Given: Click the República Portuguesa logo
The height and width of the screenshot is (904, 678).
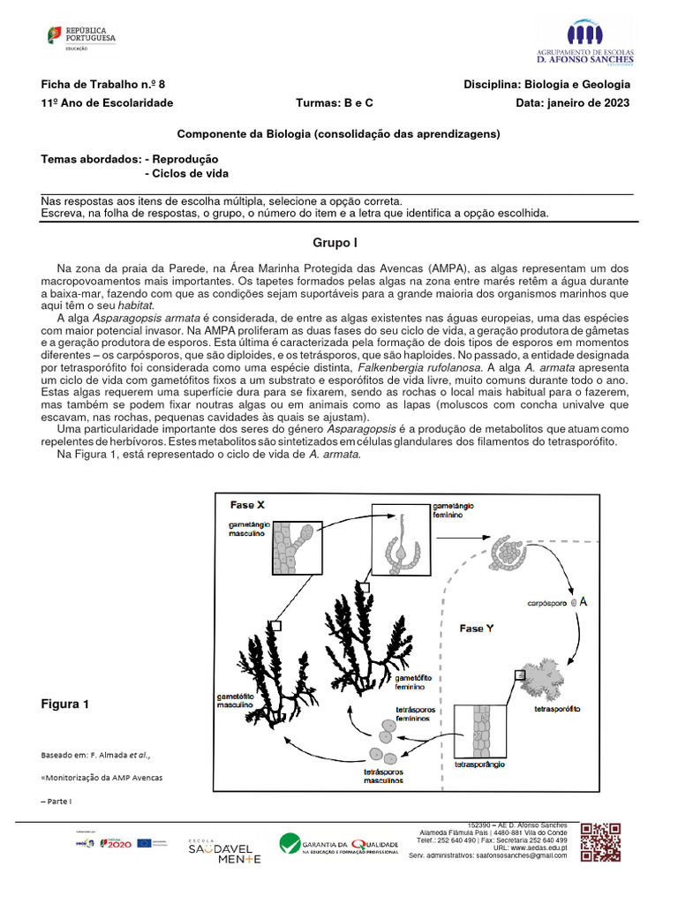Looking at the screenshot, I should (80, 38).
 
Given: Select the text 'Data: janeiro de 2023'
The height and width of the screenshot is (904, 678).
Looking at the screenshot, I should (573, 102).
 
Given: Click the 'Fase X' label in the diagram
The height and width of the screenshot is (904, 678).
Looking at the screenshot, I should (248, 505).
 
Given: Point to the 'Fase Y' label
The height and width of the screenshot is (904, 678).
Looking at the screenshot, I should (478, 628).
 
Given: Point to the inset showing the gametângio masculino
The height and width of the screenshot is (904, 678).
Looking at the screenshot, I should (290, 548).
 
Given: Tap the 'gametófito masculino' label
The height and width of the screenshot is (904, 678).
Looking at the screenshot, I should (236, 701).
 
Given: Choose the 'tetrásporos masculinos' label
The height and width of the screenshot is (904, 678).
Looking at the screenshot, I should (383, 775).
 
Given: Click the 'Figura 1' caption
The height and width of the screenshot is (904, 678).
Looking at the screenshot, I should (65, 704).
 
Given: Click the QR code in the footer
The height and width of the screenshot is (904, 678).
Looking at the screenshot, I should (600, 842).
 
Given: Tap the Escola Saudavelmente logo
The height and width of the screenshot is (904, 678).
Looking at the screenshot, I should (223, 851).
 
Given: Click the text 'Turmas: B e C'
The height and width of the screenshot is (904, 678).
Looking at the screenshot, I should (335, 102).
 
